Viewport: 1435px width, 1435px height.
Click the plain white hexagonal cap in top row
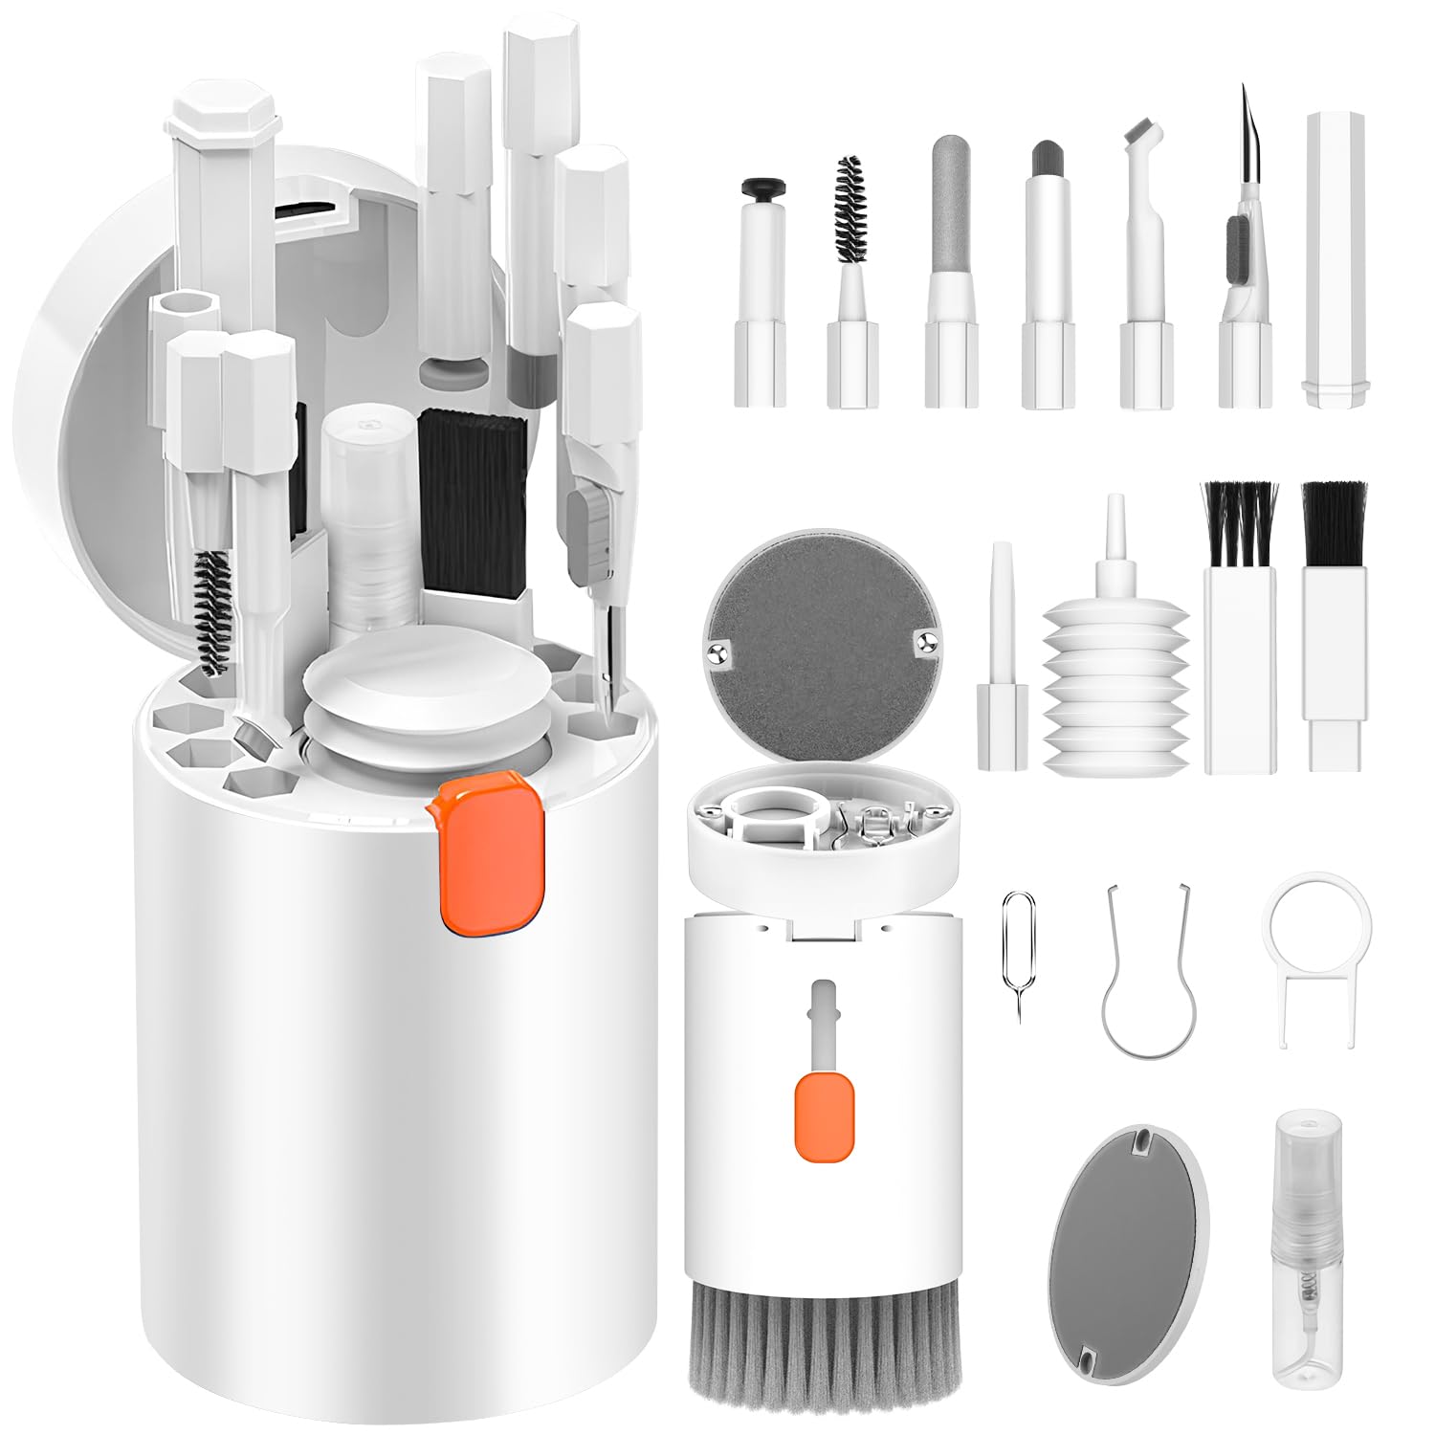tap(1336, 258)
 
